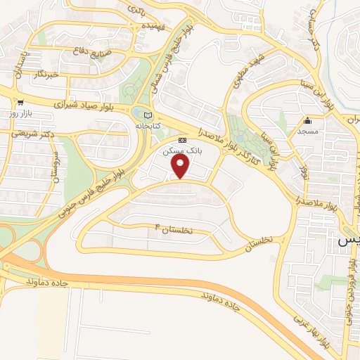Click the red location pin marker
point(181,166)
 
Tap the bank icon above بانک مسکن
point(182,140)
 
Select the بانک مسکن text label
point(181,150)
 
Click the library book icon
point(146,115)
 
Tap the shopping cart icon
point(22,102)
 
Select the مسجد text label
point(307,131)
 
